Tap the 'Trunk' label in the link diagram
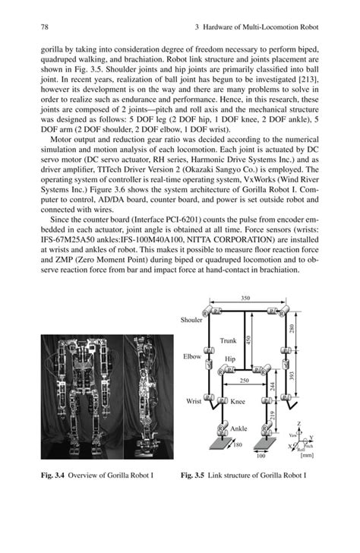point(229,341)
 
